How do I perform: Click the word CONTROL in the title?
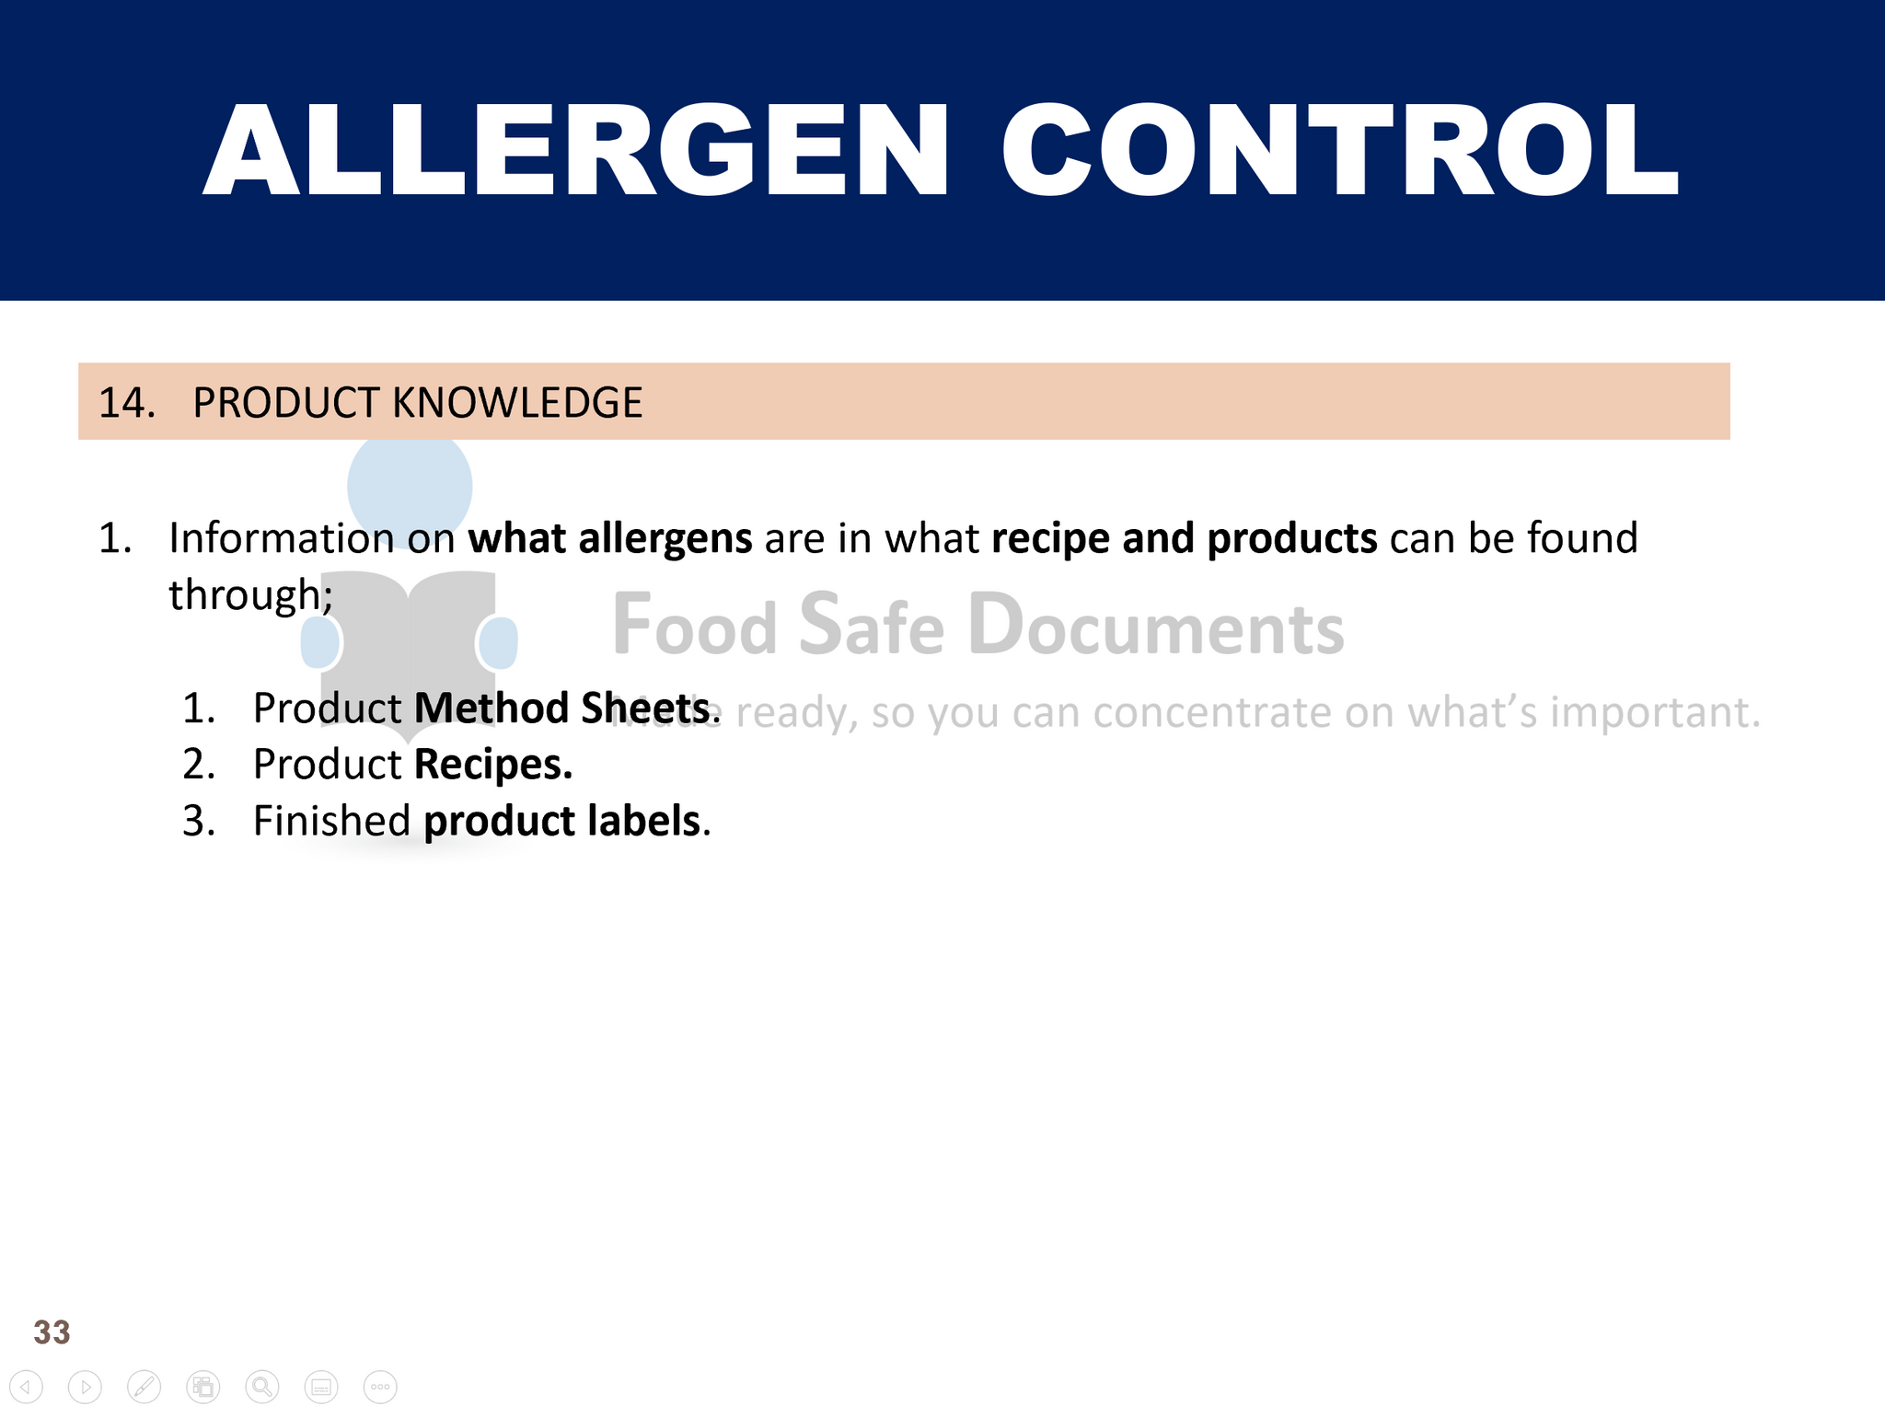click(1340, 150)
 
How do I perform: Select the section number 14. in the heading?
click(127, 403)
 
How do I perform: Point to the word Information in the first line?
click(282, 537)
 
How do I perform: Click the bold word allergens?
click(665, 539)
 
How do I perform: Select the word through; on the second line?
click(251, 595)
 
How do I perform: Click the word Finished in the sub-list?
click(331, 821)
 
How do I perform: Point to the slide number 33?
click(52, 1332)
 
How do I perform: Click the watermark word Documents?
click(1156, 626)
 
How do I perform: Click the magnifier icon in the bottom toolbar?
click(262, 1387)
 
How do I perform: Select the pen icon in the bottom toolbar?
click(145, 1387)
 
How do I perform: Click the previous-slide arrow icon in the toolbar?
click(26, 1387)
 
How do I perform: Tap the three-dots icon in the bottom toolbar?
click(380, 1387)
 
